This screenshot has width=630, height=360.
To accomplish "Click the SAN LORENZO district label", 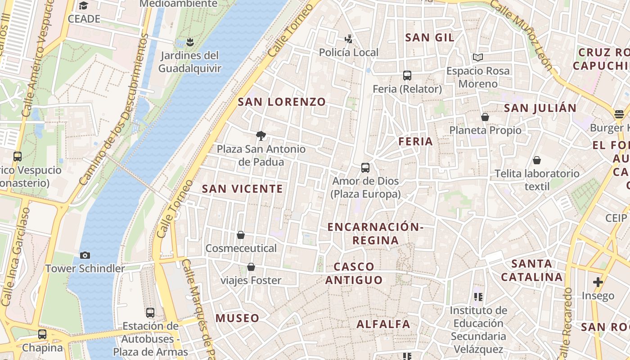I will coord(282,102).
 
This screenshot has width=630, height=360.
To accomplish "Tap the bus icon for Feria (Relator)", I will coord(407,76).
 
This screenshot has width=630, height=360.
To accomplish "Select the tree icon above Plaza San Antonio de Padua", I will coord(261,135).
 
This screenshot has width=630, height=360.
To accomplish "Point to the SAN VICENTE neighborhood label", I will coord(243,189).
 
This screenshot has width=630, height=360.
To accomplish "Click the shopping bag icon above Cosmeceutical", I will coord(241,235).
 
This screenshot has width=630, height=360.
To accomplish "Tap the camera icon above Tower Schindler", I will coord(85,255).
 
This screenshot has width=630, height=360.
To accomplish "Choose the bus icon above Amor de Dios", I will coord(365,168).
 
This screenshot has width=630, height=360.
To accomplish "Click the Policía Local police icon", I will coord(348,39).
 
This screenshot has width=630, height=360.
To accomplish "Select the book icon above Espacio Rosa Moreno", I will coord(477,58).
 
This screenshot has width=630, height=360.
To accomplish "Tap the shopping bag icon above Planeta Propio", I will coord(485,117).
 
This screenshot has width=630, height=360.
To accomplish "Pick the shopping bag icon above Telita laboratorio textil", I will coord(536,160).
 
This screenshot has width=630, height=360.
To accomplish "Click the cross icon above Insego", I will coord(598,282).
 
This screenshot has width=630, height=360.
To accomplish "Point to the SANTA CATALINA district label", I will coord(532,270).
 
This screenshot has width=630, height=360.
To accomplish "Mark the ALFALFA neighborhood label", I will coord(383,324).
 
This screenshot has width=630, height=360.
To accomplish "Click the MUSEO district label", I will coord(237,318).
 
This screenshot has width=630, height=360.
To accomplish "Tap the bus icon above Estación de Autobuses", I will coord(150,312).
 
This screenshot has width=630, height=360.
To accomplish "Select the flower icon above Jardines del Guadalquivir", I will coord(189,42).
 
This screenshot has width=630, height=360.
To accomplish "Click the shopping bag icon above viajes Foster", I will coord(251,267).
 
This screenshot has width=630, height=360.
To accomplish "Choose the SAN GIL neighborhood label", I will coord(430,37).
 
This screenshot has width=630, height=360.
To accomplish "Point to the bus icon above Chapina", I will coord(42,334).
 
